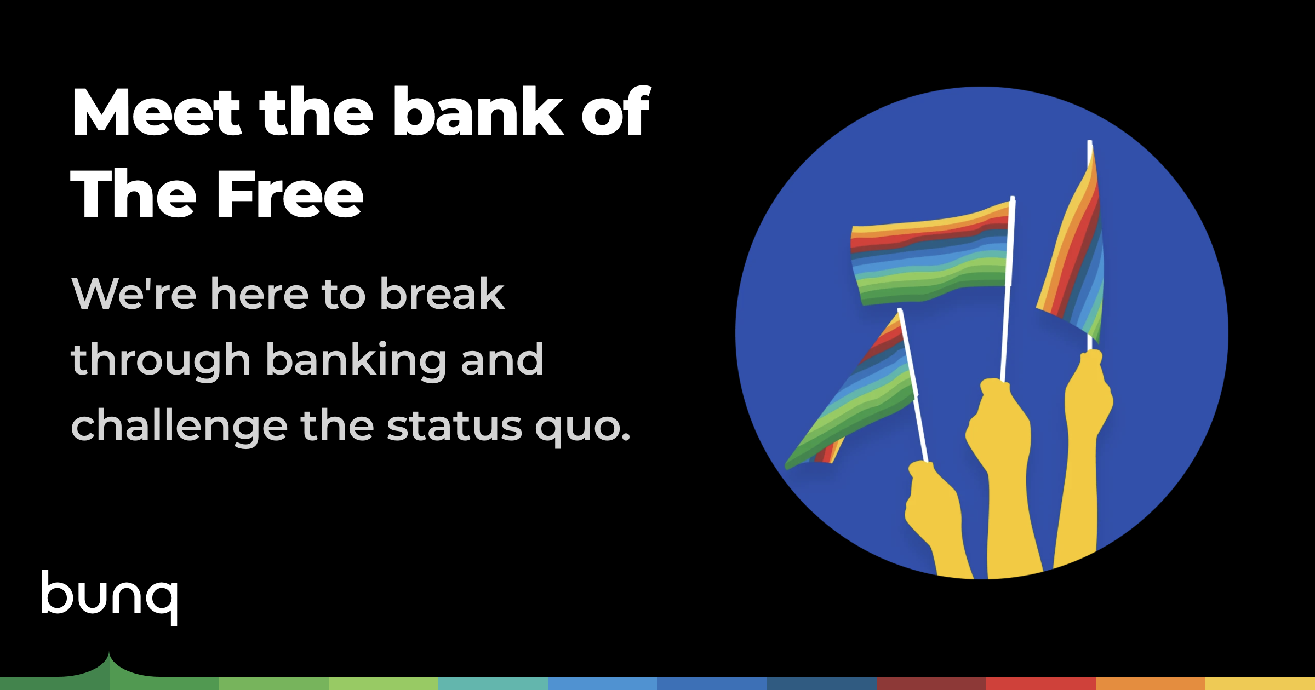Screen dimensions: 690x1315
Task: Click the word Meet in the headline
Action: pyautogui.click(x=157, y=112)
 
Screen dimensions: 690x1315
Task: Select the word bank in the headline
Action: pyautogui.click(x=478, y=112)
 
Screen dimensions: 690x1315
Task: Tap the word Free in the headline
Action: pyautogui.click(x=290, y=194)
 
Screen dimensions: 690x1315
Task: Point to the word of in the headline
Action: pyautogui.click(x=615, y=112)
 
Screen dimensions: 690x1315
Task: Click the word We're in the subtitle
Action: pyautogui.click(x=134, y=294)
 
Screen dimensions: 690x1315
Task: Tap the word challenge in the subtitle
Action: pyautogui.click(x=179, y=427)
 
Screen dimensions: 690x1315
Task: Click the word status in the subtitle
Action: pyautogui.click(x=454, y=427)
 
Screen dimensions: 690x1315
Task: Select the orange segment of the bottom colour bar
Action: pyautogui.click(x=1151, y=683)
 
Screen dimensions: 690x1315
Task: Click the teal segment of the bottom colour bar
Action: pyautogui.click(x=493, y=683)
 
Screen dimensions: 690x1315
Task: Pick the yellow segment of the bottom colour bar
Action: pyautogui.click(x=1260, y=683)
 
